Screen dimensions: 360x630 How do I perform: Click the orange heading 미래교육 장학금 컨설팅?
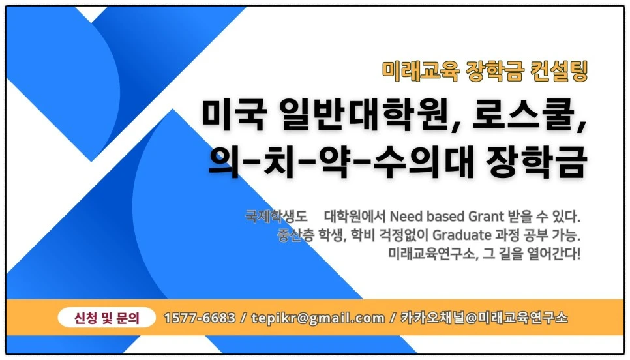pos(485,70)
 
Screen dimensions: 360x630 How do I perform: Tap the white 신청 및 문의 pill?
pos(107,318)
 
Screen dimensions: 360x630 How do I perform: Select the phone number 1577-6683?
pos(200,318)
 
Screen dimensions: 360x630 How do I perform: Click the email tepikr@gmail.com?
pos(318,318)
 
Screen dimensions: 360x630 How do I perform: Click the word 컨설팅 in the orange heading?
pos(564,70)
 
